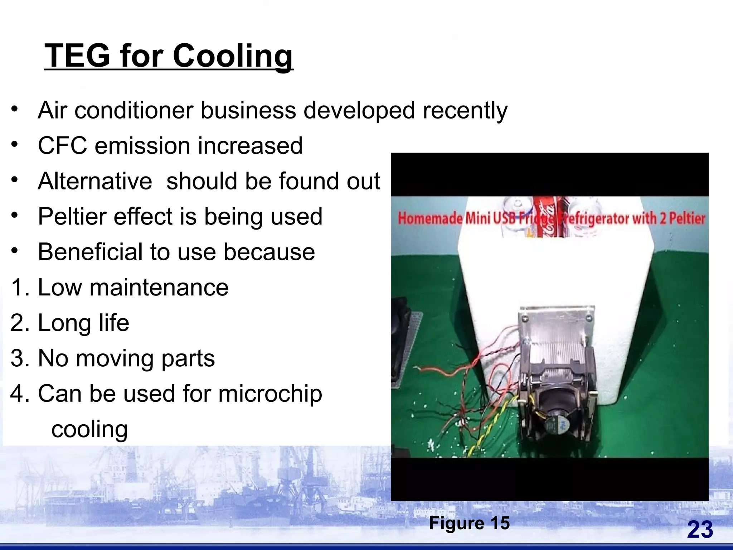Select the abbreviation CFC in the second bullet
[x=62, y=146]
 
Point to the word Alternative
[x=95, y=181]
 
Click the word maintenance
[x=159, y=288]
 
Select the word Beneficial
[x=90, y=252]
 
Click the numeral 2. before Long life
[x=21, y=323]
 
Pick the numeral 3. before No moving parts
[x=21, y=358]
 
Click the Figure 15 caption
[x=469, y=523]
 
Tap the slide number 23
[x=700, y=530]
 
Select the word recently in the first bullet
[x=465, y=111]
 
